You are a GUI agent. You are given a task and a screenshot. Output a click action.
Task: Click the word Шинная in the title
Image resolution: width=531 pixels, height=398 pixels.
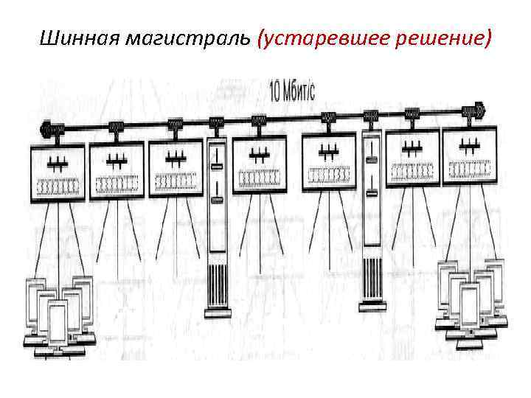point(74,37)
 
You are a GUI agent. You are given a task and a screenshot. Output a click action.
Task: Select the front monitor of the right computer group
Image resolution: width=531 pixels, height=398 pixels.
point(470,306)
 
